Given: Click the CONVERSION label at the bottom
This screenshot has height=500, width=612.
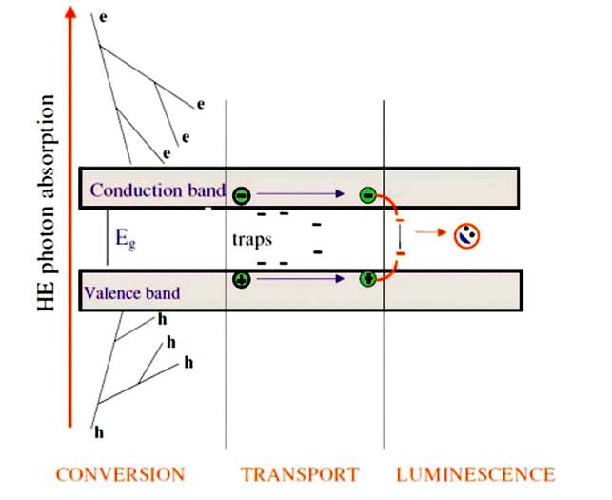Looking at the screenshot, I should (120, 473).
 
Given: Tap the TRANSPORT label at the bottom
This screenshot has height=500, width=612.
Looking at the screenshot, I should (300, 473).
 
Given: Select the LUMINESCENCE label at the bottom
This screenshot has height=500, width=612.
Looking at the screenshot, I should (475, 473).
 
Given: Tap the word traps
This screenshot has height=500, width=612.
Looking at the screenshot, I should (252, 239).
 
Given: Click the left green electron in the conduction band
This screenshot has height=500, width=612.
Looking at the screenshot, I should (242, 194).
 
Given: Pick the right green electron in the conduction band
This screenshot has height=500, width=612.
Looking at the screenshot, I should (367, 195).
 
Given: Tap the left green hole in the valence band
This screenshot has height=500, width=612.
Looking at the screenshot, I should (242, 280).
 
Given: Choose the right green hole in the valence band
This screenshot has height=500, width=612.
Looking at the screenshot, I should (367, 280).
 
